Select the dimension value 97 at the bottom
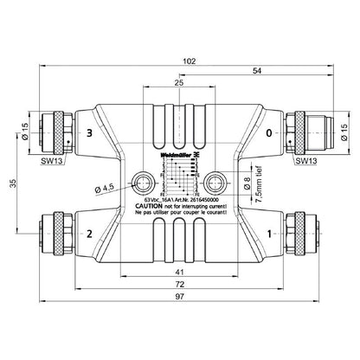point(178,298)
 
